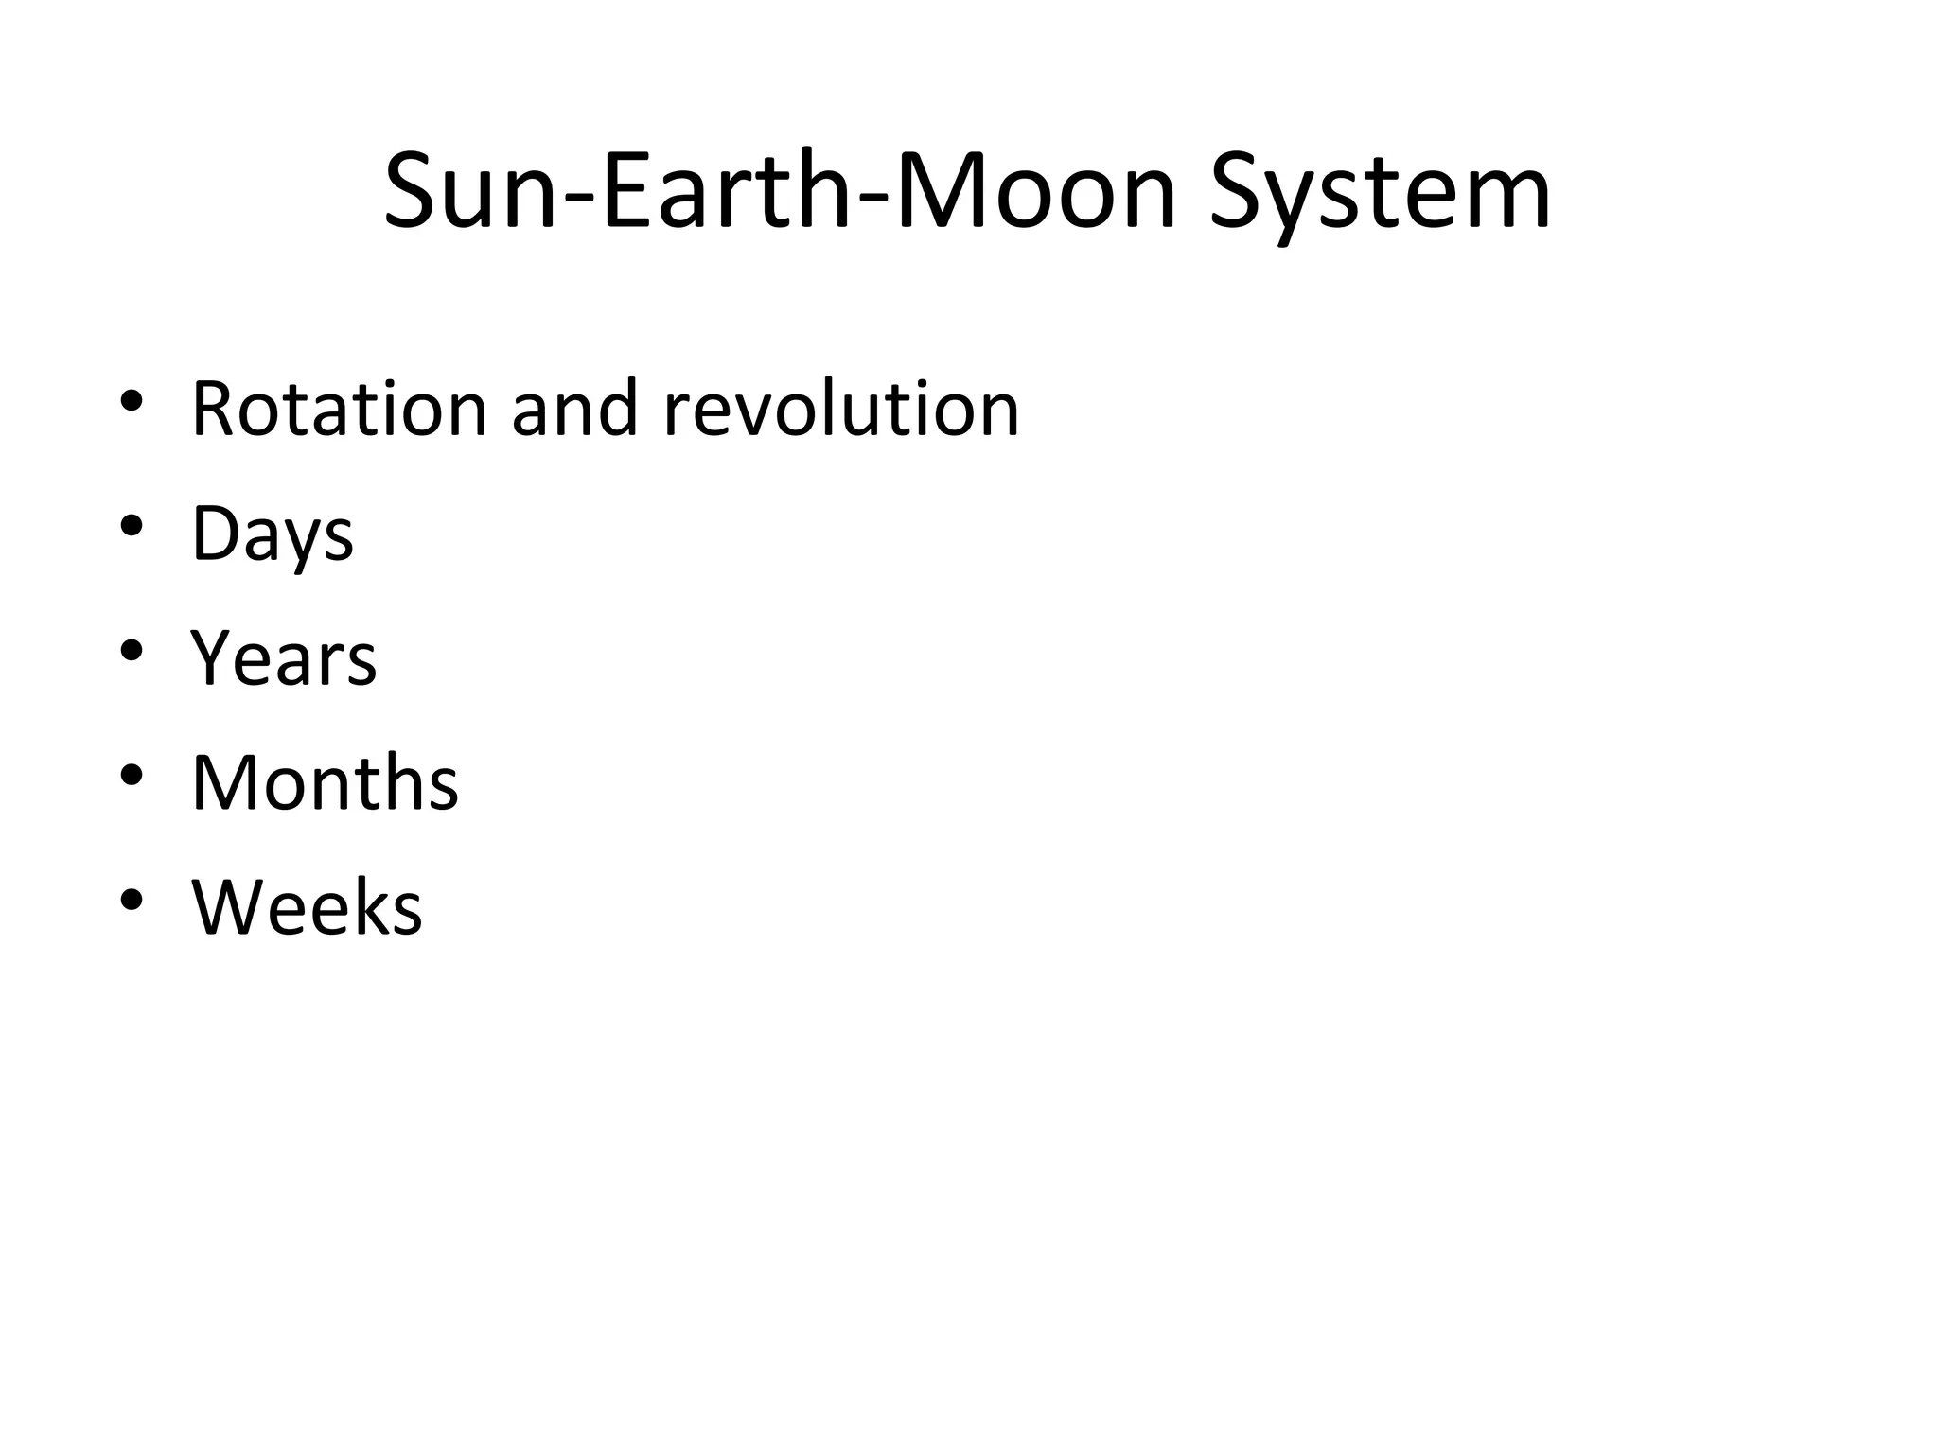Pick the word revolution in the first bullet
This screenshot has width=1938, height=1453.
841,409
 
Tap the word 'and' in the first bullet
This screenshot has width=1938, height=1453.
574,409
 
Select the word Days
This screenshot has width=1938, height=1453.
273,534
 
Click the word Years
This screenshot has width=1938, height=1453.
284,658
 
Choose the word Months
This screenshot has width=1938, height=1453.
325,783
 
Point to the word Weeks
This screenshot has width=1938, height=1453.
307,908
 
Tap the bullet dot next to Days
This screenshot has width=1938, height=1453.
132,525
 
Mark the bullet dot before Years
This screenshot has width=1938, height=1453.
132,650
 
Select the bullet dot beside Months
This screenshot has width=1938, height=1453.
132,775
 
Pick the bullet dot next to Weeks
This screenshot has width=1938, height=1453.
132,899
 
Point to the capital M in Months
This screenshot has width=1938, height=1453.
221,783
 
